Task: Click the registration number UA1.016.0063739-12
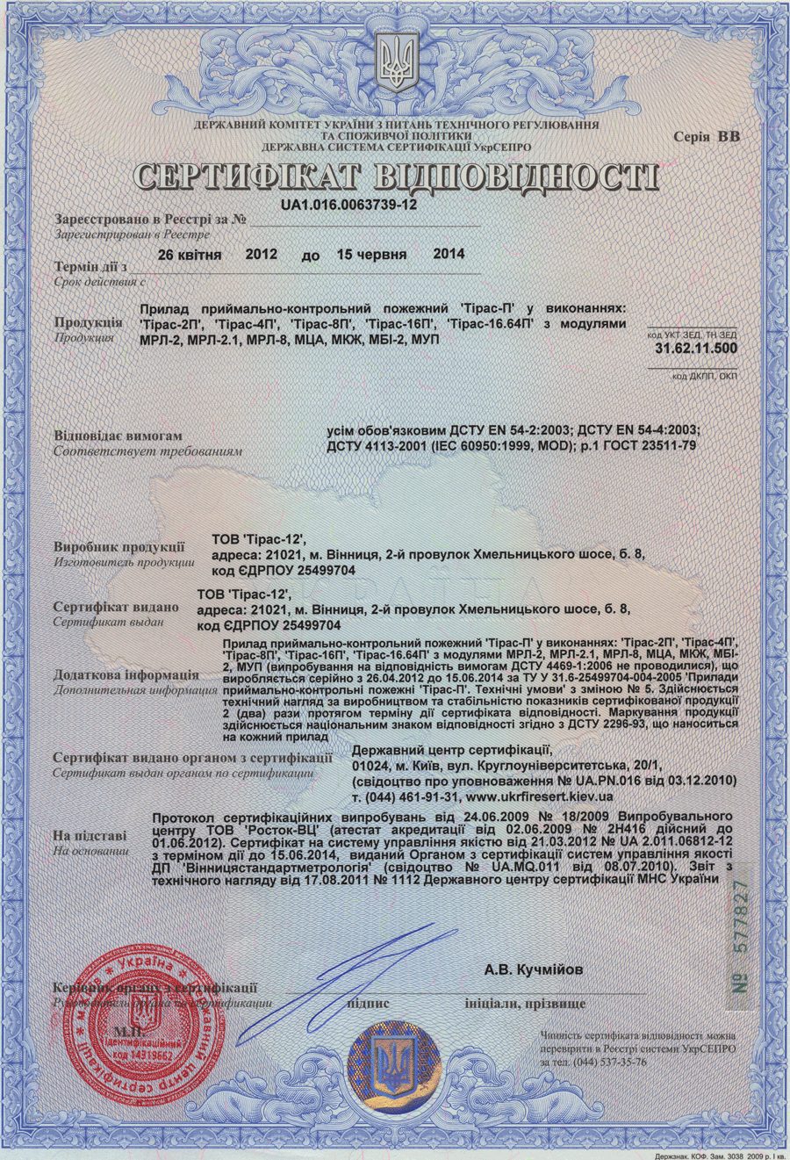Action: click(349, 205)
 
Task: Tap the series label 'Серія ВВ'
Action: click(707, 136)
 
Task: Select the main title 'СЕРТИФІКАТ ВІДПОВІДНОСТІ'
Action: click(395, 177)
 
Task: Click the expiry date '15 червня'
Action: click(371, 255)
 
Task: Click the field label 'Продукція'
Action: click(88, 322)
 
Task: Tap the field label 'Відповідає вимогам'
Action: click(118, 436)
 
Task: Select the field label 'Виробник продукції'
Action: click(118, 547)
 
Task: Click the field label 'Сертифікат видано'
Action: click(115, 607)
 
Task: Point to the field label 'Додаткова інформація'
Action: click(126, 675)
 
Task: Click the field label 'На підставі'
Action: click(90, 836)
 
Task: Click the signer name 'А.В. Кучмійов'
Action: click(533, 970)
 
